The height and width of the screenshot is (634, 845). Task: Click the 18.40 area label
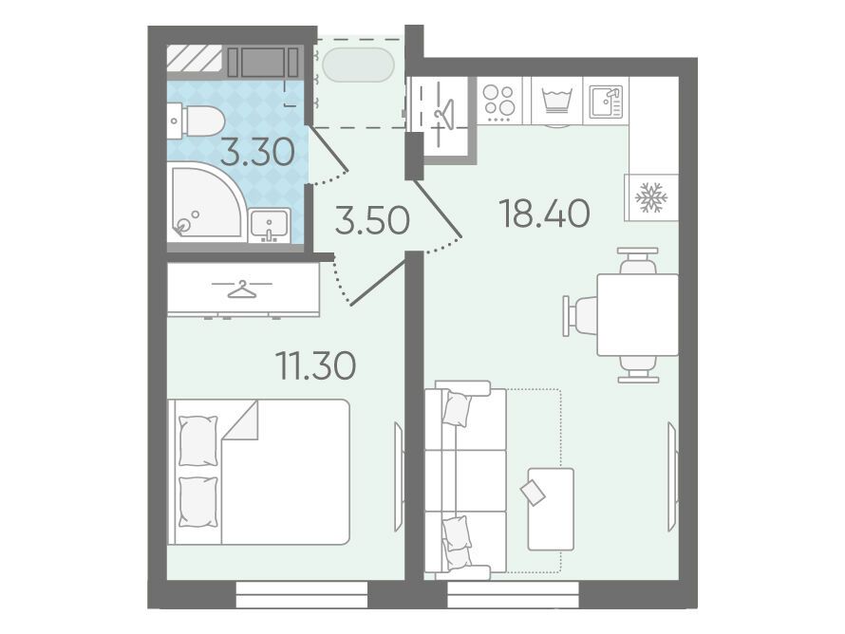(545, 213)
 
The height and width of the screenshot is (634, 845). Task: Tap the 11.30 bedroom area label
(316, 364)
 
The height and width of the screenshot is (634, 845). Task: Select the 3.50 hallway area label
(372, 221)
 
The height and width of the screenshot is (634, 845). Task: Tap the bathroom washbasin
(270, 225)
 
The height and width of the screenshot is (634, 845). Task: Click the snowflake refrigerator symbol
(651, 197)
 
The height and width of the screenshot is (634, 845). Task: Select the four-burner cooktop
(499, 102)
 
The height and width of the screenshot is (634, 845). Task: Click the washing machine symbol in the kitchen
(557, 102)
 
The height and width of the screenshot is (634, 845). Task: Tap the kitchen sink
(606, 102)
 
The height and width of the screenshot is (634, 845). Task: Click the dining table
(637, 314)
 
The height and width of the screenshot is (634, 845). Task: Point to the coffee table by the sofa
(551, 509)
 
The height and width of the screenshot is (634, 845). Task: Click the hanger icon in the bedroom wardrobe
(241, 289)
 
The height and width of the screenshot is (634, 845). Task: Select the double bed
(258, 472)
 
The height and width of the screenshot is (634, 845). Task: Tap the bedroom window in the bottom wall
(302, 594)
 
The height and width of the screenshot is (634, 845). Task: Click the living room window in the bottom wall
(513, 594)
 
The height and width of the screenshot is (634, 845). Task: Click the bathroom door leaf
(329, 148)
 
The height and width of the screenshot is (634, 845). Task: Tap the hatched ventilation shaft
(194, 58)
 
